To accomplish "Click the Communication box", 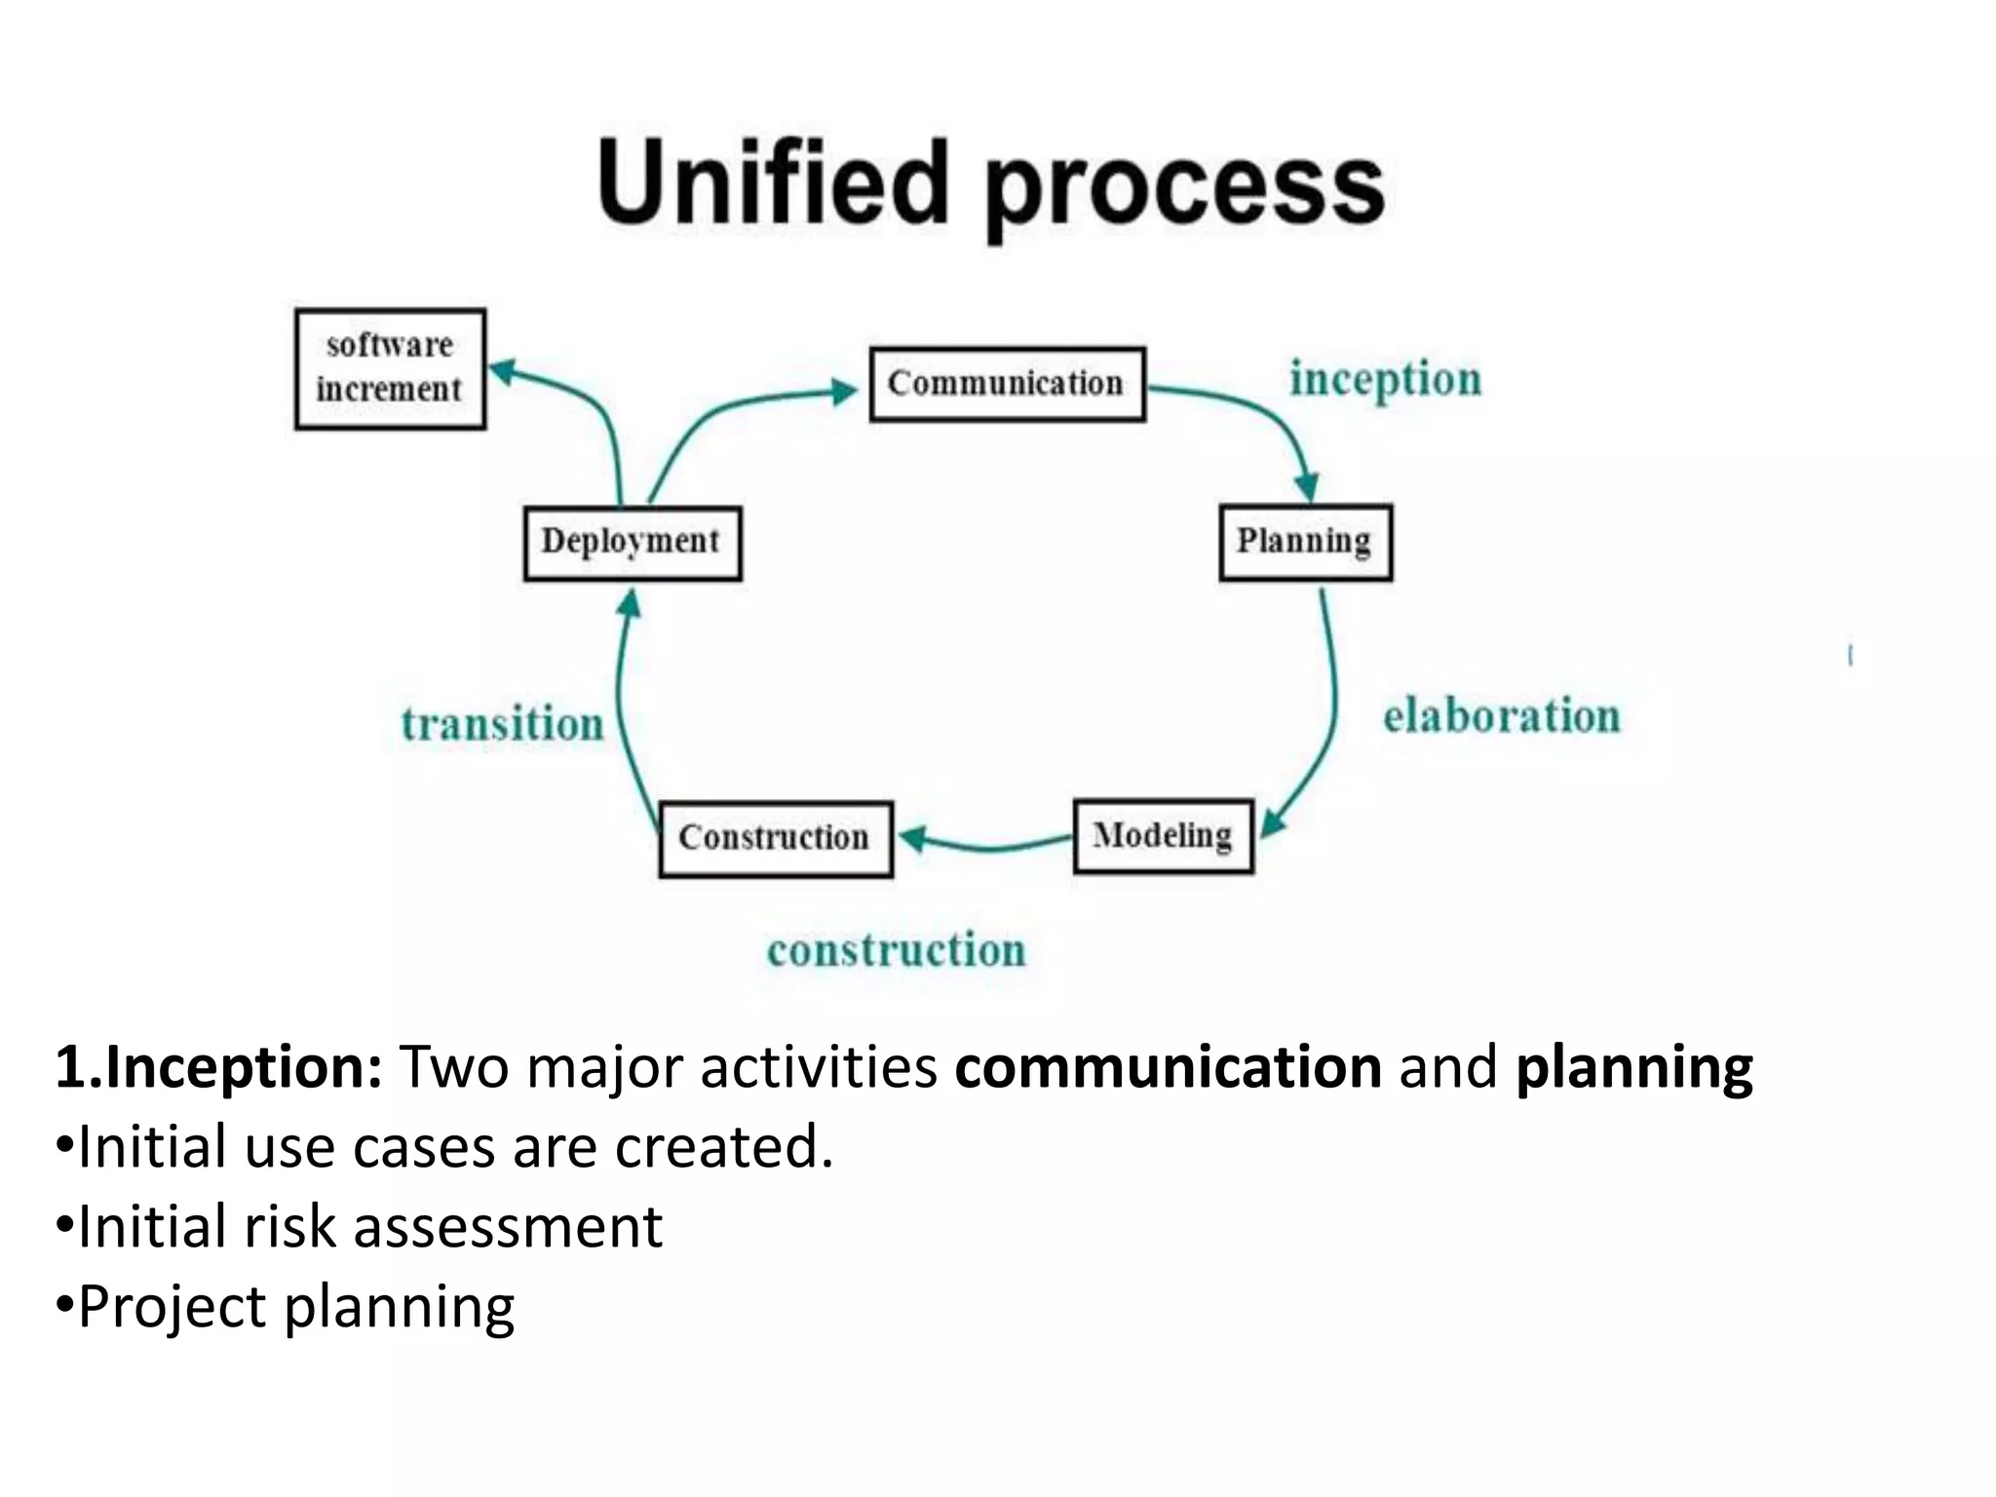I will point(1007,384).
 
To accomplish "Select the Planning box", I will point(1305,542).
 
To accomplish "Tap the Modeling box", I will point(1163,836).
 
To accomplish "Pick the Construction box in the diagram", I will point(775,838).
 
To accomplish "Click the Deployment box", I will point(632,542).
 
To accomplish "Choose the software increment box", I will point(390,368).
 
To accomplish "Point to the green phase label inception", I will point(1385,379).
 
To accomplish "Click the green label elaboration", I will point(1501,716).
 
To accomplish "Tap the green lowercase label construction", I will point(896,950).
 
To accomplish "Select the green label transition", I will point(503,724).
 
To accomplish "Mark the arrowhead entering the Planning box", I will point(1307,487).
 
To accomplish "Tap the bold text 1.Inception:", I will point(218,1066).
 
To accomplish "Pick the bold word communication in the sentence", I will point(1168,1066).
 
